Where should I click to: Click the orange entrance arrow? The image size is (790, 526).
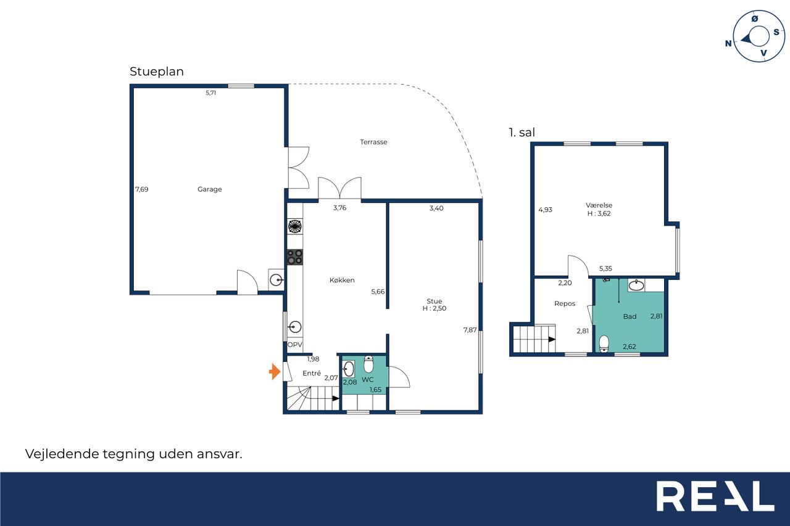coord(275,371)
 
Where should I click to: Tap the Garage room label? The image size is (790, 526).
coord(209,189)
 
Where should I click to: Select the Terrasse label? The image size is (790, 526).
coord(373,142)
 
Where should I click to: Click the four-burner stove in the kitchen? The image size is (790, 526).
coord(295,257)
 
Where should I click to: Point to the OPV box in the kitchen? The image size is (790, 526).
coord(295,345)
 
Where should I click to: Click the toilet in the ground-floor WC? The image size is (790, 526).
coord(368,364)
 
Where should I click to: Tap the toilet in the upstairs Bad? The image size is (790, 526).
coord(604,344)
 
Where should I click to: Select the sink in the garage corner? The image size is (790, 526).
coord(276,280)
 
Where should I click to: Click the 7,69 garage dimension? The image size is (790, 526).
coord(142,189)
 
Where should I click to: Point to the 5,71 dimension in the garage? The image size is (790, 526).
coord(211,92)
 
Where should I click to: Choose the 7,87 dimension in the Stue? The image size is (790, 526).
coord(470,330)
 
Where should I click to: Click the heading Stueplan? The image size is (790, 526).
coord(157,72)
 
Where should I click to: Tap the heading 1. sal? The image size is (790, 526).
coord(522,133)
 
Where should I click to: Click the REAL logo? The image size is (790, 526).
coord(715,496)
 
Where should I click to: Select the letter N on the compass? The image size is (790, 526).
coord(728,43)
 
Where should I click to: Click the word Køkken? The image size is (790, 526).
coord(342,280)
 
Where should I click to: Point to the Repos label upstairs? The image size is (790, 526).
coord(565,303)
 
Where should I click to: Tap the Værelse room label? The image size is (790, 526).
coord(599,205)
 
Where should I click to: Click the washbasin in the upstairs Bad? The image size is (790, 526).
coord(636,285)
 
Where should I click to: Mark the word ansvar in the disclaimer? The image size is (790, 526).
coord(219,454)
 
